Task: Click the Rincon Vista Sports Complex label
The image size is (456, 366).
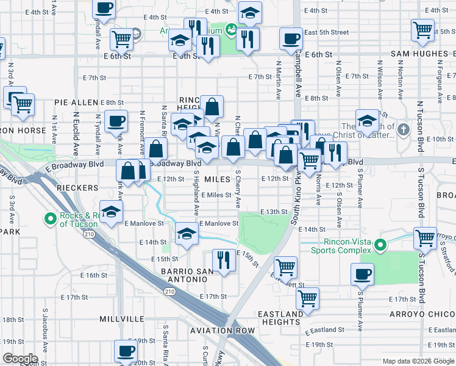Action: [x=347, y=246]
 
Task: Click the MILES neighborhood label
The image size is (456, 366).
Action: [x=217, y=179]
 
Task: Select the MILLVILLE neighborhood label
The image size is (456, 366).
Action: [x=123, y=318]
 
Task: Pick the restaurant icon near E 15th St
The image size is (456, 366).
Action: [x=224, y=260]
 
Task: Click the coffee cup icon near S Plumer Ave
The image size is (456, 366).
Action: [x=363, y=273]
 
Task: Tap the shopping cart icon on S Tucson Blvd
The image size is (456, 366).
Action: [x=424, y=237]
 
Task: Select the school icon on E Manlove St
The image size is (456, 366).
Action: [x=187, y=233]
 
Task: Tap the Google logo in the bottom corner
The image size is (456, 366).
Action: [x=21, y=359]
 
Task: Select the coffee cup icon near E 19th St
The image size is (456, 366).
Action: [x=126, y=351]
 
